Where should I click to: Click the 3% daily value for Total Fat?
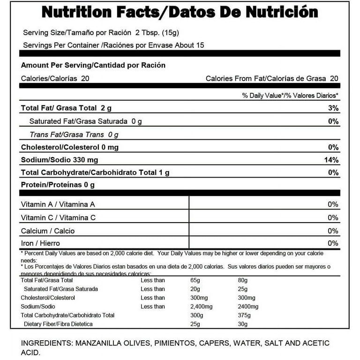coord(333,108)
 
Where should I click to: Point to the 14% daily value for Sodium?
coord(331,160)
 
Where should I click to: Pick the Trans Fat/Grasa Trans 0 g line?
coord(74,135)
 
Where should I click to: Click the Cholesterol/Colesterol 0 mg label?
coord(70,148)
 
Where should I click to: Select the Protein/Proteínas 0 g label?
coord(58,185)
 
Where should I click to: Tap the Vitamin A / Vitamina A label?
coord(58,204)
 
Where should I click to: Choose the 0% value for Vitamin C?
coord(333,217)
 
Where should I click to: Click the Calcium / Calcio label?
coord(48,231)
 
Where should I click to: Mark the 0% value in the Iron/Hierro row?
coord(333,243)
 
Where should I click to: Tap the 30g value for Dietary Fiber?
coord(243,324)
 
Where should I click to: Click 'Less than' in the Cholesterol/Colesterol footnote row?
coord(153,298)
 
